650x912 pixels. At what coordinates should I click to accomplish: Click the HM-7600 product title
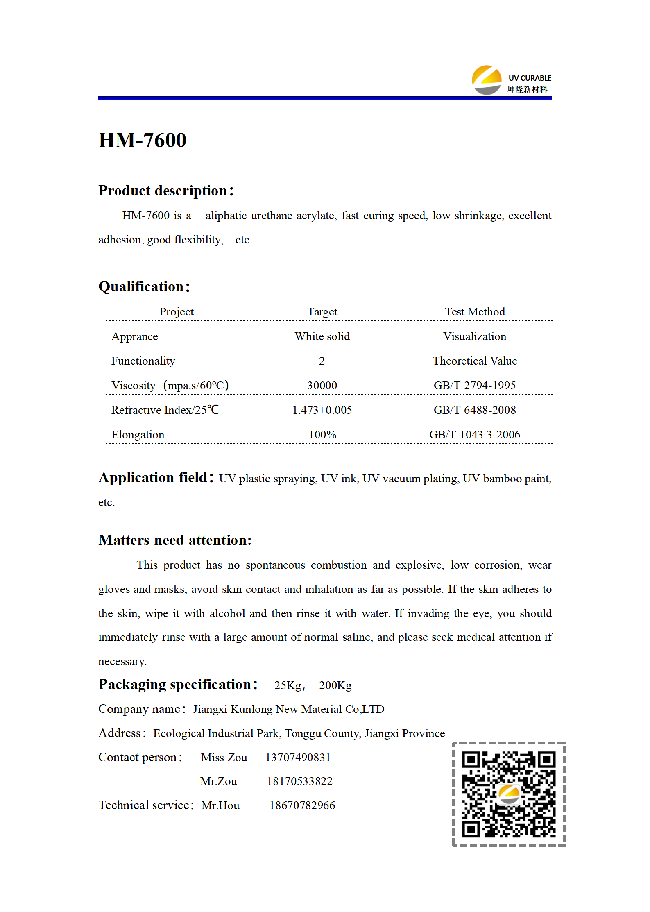[x=142, y=140]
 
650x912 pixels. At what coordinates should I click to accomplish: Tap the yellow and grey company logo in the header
[x=486, y=80]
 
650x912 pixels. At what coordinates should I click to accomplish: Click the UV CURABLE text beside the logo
[x=530, y=78]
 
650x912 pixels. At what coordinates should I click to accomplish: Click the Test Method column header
[x=475, y=312]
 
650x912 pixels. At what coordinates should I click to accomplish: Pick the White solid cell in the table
[x=322, y=336]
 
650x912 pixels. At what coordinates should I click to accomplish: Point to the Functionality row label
[x=143, y=361]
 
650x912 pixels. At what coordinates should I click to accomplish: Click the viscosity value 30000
[x=322, y=386]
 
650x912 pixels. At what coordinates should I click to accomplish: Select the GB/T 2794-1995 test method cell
[x=474, y=386]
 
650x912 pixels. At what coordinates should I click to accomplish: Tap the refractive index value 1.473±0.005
[x=322, y=410]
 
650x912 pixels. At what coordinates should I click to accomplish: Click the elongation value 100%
[x=322, y=435]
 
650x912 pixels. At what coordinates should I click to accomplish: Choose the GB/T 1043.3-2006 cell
[x=474, y=435]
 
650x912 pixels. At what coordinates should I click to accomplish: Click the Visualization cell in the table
[x=475, y=336]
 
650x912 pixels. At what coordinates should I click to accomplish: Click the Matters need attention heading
[x=175, y=540]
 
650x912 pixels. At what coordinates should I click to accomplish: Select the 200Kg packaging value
[x=335, y=685]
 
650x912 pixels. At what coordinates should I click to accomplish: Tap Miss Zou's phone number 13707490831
[x=298, y=758]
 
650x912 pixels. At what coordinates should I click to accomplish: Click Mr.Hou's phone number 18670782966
[x=302, y=805]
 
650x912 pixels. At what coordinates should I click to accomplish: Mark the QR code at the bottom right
[x=509, y=794]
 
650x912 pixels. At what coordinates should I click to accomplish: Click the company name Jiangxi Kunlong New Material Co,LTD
[x=288, y=709]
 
